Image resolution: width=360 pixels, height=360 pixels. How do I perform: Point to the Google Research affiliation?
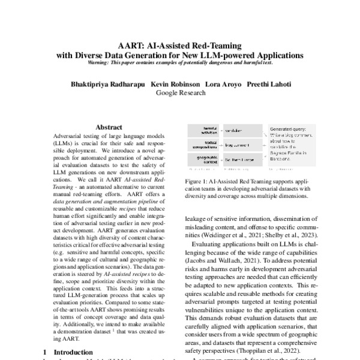point(180,93)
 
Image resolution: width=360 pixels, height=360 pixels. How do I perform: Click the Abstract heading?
point(109,127)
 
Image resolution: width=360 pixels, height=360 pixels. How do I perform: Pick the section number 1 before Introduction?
point(46,351)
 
